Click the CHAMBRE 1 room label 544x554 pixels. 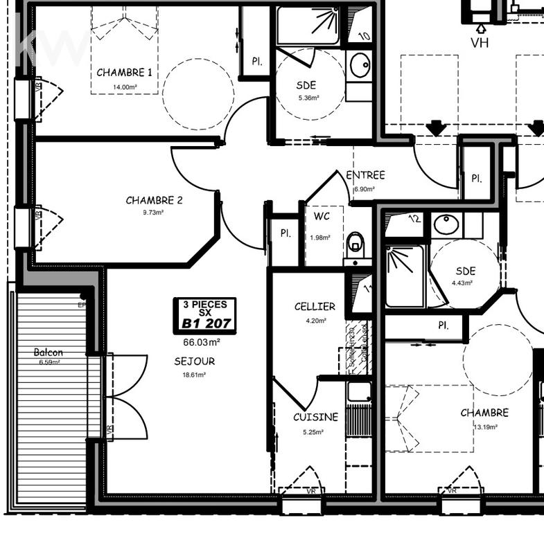125,72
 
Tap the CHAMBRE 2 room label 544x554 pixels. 154,200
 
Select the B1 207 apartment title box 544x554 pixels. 205,315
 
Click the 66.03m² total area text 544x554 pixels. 202,342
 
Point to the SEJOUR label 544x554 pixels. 194,361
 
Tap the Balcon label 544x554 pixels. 49,352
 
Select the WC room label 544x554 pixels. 322,216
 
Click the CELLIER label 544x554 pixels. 314,306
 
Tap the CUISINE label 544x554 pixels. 315,417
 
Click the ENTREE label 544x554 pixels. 365,175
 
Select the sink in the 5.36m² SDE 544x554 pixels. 360,66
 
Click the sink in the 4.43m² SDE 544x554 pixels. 446,224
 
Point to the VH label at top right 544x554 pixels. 480,43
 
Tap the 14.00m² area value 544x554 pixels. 125,87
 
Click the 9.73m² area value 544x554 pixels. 154,213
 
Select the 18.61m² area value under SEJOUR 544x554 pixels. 194,375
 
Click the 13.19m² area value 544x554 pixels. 485,427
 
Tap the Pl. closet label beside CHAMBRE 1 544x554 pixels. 256,62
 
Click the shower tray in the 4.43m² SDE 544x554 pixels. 404,276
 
